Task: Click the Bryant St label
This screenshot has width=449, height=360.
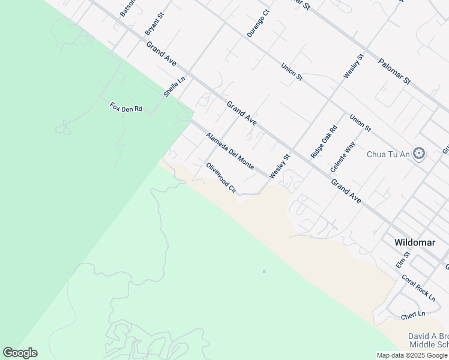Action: coord(155,23)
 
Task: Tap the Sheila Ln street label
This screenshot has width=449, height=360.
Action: coord(175,87)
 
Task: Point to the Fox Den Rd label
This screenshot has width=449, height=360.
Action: coord(125,108)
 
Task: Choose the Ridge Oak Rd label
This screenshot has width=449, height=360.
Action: coord(324,142)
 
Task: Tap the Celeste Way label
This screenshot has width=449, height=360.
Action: coord(347,157)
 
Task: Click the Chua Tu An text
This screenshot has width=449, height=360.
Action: coord(388,154)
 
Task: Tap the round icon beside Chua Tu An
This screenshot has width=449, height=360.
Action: coord(420,154)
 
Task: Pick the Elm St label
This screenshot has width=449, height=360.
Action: coord(402,260)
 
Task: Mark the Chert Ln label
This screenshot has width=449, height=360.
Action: coord(413,314)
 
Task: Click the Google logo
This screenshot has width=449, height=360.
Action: coord(20,353)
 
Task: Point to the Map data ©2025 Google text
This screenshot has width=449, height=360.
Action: coord(412,355)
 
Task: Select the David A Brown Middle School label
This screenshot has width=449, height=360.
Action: coord(428,341)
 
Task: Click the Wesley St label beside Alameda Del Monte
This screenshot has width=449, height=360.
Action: coord(279,166)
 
